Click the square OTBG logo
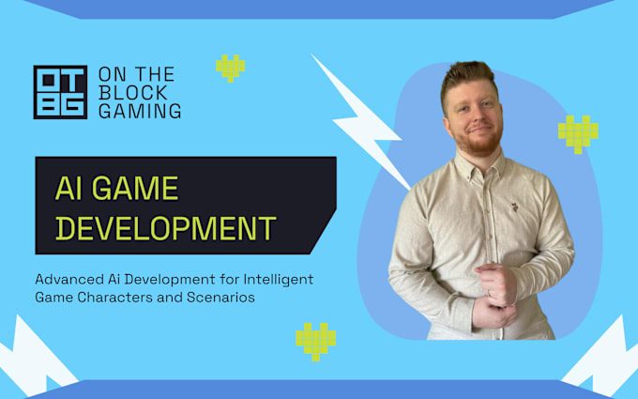[x=60, y=92]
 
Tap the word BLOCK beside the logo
[x=133, y=93]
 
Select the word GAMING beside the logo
[x=140, y=111]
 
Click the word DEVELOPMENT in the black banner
[x=166, y=228]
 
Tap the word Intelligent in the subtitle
[x=279, y=280]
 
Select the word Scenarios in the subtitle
[x=220, y=298]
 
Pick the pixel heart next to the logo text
[x=230, y=68]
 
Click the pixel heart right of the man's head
[x=578, y=134]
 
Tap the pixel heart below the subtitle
[x=316, y=342]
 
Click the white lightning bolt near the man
[x=361, y=122]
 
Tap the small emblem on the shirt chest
[x=514, y=207]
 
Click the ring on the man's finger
[x=489, y=293]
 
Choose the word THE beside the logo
[x=155, y=74]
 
